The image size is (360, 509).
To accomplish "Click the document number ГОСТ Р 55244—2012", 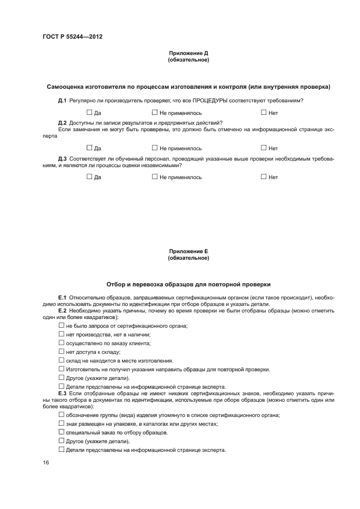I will click(x=72, y=37).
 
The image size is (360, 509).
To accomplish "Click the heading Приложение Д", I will click(x=188, y=53).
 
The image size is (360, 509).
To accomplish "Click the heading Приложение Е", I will click(x=188, y=251).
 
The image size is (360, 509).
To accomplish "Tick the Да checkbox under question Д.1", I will click(x=90, y=113).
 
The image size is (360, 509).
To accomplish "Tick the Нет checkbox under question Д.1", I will click(x=264, y=113).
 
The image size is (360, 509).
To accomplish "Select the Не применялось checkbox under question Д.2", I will click(x=155, y=148).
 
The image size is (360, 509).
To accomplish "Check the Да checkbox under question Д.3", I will click(x=90, y=177).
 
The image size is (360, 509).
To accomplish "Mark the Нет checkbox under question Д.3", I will click(x=264, y=177).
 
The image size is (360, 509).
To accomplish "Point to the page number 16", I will click(x=46, y=462).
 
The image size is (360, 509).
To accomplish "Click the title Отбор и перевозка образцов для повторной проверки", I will click(x=188, y=284).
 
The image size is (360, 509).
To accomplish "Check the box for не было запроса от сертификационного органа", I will click(x=62, y=325).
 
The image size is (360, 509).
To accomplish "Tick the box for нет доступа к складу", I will click(x=62, y=351).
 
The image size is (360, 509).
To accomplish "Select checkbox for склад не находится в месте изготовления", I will click(x=62, y=360).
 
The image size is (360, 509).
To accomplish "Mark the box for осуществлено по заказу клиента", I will click(x=62, y=342).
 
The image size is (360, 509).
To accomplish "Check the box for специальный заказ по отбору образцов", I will click(x=62, y=432).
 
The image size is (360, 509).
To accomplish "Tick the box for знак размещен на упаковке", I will click(x=62, y=423).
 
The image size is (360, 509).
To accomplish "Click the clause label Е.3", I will click(x=62, y=393).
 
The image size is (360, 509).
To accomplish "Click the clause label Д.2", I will click(x=62, y=123).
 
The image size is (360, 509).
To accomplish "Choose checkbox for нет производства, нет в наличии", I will click(x=62, y=334).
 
